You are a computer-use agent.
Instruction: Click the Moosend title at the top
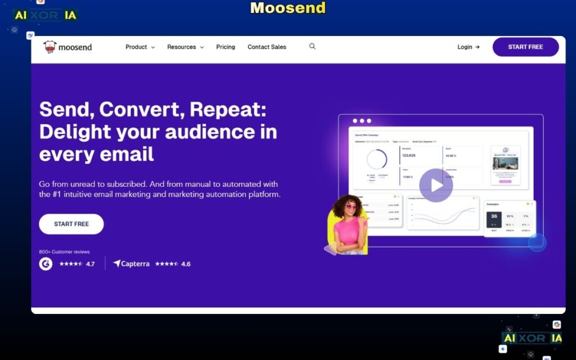tap(287, 8)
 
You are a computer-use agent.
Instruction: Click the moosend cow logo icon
tap(50, 47)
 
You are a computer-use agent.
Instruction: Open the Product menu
tap(139, 47)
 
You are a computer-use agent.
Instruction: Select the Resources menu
tap(185, 47)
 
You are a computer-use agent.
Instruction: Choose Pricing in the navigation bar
tap(226, 47)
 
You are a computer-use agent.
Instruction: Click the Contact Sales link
tap(267, 47)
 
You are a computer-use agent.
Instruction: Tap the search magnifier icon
tap(312, 47)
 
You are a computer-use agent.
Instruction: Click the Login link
tap(468, 47)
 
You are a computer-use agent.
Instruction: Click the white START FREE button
tap(71, 224)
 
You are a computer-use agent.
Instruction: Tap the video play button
tap(436, 185)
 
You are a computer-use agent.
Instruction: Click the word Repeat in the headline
tap(226, 109)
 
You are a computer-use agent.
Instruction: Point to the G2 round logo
tap(46, 264)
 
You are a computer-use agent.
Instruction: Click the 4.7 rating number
tap(90, 264)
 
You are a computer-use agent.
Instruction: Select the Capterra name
tap(135, 264)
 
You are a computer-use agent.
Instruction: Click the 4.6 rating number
tap(186, 264)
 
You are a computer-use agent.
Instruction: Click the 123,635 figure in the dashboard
tap(409, 155)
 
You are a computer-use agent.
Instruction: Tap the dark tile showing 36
tap(494, 219)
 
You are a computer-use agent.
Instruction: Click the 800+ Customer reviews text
tap(64, 252)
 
